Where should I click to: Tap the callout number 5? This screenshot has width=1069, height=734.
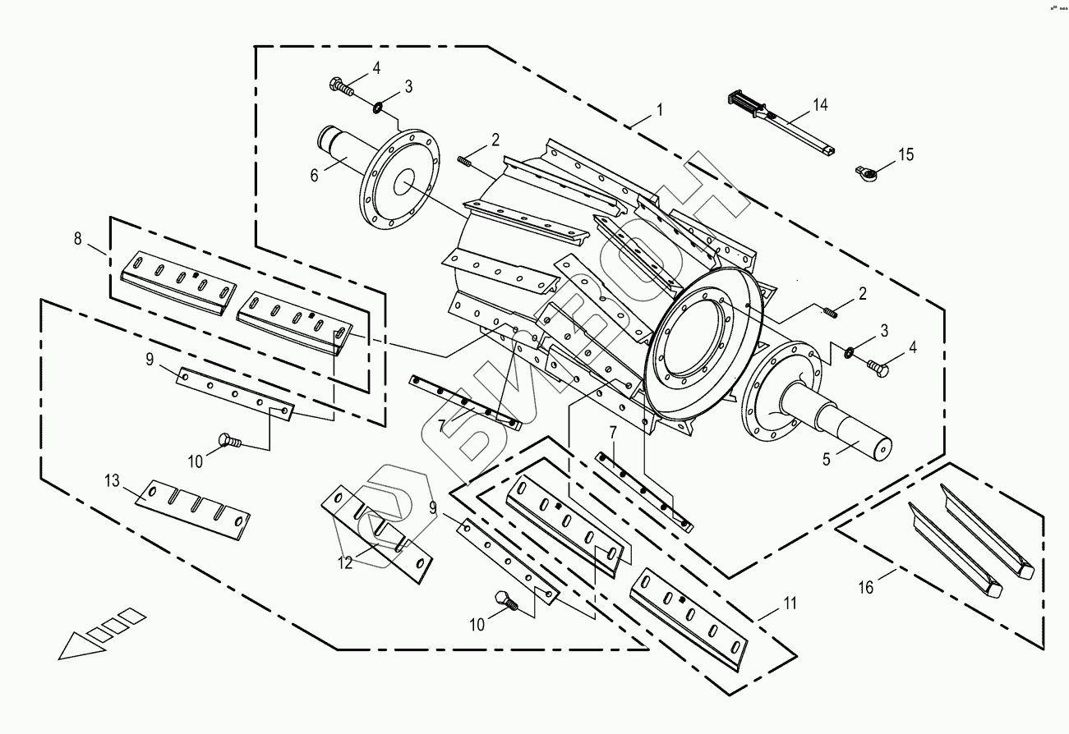point(827,458)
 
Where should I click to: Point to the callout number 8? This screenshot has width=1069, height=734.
point(78,239)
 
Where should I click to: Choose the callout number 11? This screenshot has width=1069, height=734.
point(789,603)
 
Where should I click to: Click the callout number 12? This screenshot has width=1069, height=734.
point(345,562)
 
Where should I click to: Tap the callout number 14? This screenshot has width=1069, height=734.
point(821,104)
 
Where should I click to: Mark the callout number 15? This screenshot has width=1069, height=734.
point(905,154)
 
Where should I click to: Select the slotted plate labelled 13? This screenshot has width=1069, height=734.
point(193,508)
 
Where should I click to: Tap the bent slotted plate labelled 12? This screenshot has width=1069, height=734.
point(378,536)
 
